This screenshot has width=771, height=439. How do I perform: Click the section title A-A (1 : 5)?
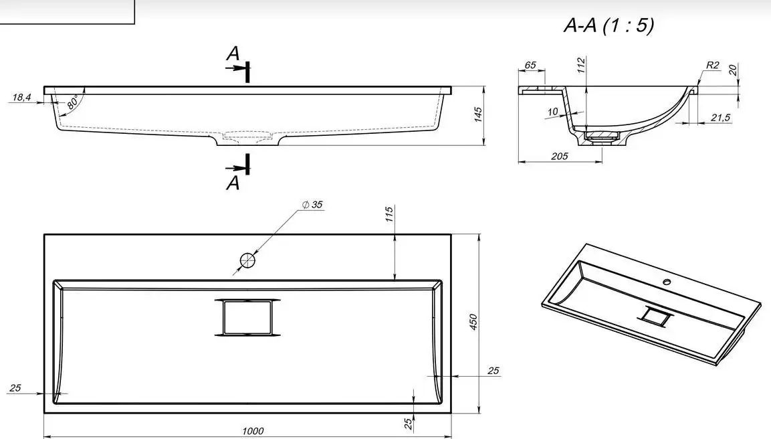(x=609, y=25)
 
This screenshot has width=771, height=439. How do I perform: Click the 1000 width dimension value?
(x=253, y=431)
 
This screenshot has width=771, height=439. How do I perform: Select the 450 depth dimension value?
(x=473, y=322)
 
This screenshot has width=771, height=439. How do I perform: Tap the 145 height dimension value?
(x=478, y=114)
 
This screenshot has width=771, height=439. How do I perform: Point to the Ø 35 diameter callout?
(x=312, y=204)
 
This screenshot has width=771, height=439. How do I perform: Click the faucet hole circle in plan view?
(x=247, y=260)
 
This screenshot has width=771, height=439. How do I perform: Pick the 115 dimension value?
(x=389, y=214)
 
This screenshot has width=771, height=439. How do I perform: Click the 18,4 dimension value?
(x=21, y=98)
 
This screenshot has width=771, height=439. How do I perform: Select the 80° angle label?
(x=73, y=103)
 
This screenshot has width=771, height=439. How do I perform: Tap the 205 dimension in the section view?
(x=560, y=156)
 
